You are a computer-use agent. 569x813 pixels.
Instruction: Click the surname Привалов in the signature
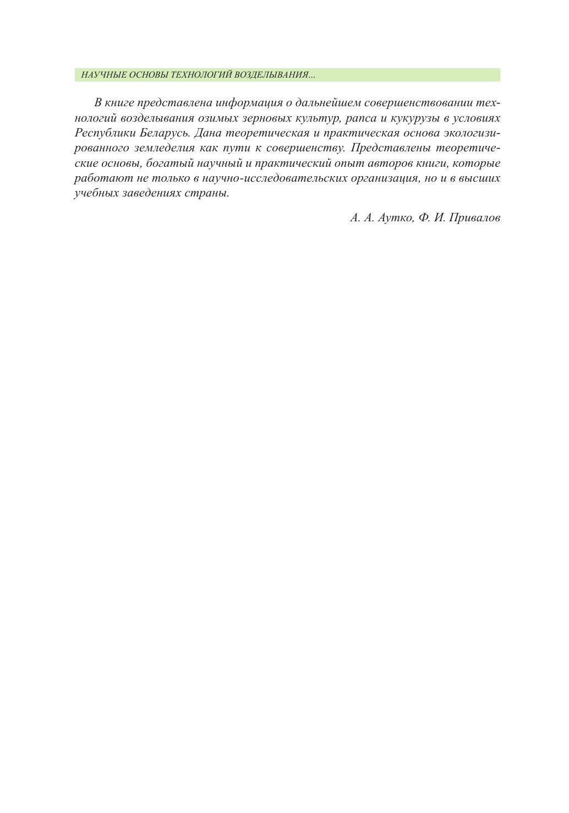(474, 218)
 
